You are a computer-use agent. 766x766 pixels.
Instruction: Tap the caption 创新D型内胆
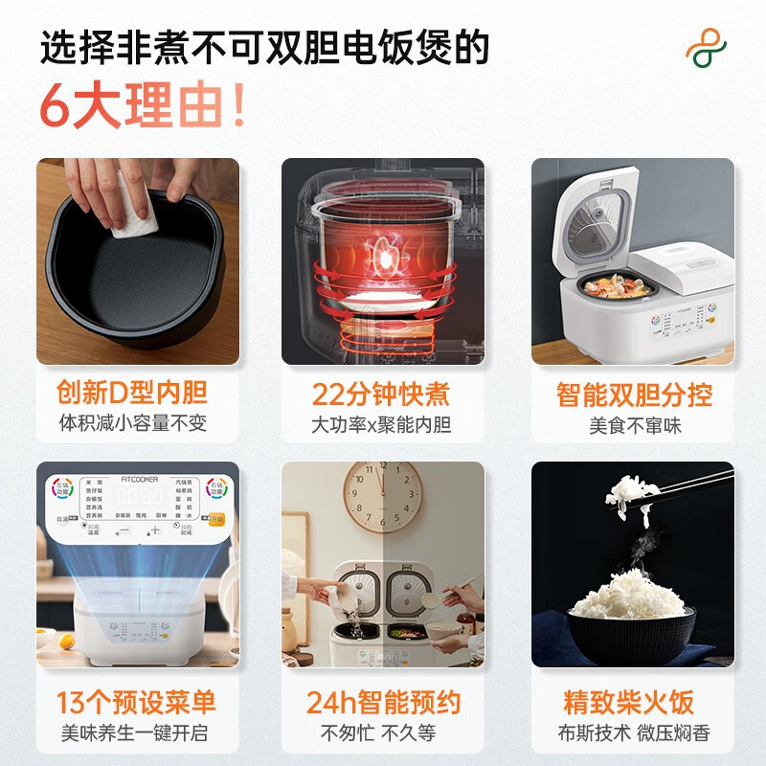coord(137,394)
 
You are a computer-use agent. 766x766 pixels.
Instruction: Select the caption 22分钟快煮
coord(381,394)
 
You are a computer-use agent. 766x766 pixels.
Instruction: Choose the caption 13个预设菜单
coord(137,702)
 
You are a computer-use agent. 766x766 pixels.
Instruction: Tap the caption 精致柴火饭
coord(628,702)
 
